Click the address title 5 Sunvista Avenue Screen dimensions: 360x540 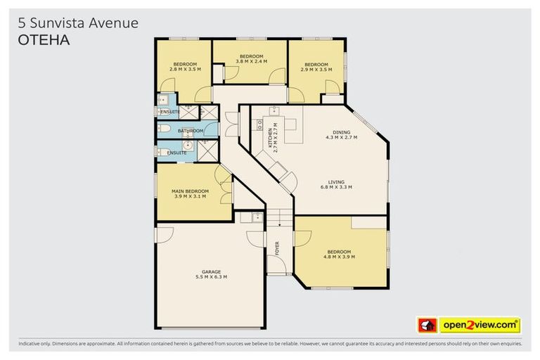[x=77, y=24]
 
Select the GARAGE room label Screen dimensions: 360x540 [x=212, y=271]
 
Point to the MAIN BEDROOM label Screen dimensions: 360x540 [x=191, y=191]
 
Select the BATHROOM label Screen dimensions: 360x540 [x=191, y=131]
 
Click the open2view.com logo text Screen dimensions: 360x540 [x=479, y=326]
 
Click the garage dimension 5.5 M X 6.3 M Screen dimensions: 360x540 [x=212, y=277]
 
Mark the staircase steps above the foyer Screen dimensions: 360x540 [x=279, y=217]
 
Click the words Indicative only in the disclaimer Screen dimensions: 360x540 [x=36, y=345]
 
